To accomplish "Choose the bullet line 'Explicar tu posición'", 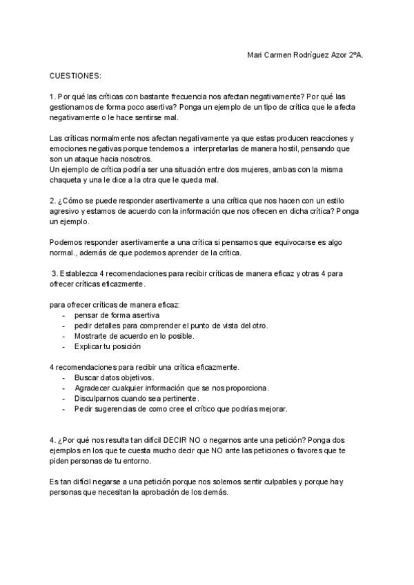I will coord(108,346).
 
